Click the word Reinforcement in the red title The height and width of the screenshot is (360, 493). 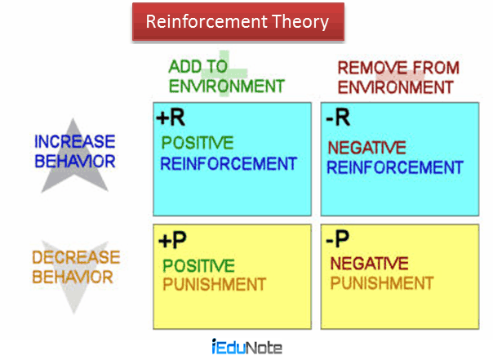tap(207, 22)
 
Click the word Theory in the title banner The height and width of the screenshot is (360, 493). tap(300, 22)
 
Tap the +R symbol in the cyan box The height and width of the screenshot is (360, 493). tap(171, 118)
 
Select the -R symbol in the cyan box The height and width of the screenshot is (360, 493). tap(338, 118)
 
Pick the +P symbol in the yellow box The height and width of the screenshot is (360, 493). tap(172, 240)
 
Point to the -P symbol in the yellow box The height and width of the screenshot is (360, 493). tap(337, 238)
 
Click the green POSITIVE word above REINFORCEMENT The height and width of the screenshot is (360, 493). tap(198, 143)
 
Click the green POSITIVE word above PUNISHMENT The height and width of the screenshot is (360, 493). tap(198, 265)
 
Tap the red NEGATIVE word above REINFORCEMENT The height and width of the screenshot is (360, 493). tap(367, 148)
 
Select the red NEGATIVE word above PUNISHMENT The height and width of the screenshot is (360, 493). tap(369, 264)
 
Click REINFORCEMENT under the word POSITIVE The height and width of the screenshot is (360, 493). tap(229, 164)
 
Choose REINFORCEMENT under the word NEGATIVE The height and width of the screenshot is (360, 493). tap(395, 167)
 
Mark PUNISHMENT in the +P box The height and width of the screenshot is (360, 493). tap(215, 285)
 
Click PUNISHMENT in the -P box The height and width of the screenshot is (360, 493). tap(382, 283)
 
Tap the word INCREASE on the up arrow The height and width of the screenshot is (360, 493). tap(75, 141)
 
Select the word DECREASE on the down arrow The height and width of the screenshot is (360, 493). tap(76, 257)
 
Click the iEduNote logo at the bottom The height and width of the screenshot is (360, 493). tap(246, 347)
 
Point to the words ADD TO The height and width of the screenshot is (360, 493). tap(198, 67)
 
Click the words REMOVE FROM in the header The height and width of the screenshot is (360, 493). tap(398, 68)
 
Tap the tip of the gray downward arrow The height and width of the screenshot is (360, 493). tap(74, 313)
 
